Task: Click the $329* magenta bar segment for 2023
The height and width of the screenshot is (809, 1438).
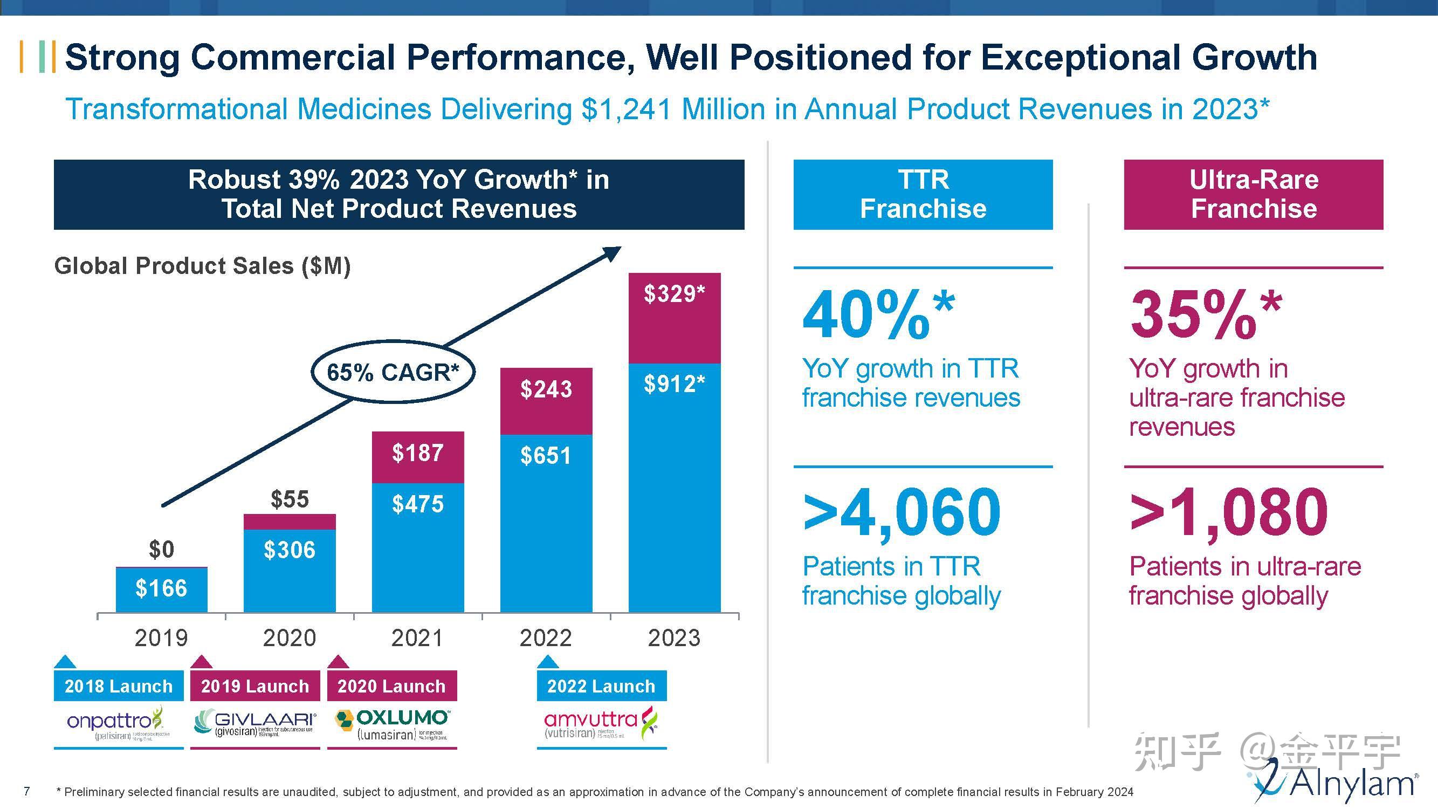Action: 675,318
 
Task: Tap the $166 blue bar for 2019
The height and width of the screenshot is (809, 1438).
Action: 161,589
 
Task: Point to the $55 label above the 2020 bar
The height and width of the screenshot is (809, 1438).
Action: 289,499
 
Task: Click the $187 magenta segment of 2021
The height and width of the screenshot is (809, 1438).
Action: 417,457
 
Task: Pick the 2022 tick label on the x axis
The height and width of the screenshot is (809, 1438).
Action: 546,637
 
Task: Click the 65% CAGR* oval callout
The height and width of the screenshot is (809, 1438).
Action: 393,372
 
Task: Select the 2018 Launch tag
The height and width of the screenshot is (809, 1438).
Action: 118,685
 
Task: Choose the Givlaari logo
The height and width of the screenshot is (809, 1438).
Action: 254,724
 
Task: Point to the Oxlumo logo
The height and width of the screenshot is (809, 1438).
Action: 392,724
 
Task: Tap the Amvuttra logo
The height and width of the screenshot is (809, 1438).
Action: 601,724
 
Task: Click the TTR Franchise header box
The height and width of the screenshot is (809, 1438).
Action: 923,194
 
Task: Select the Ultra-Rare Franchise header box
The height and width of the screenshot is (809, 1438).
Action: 1253,194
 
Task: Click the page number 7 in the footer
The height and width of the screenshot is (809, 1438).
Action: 26,791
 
